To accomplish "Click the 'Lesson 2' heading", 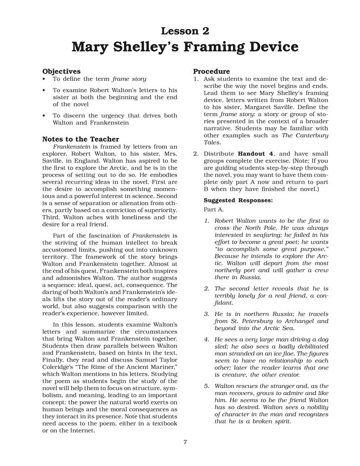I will [x=185, y=31].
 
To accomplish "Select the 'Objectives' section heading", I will [x=61, y=71].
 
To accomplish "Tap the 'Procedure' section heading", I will [x=211, y=71].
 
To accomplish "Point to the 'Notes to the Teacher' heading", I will [x=81, y=139].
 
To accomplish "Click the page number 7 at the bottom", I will [x=185, y=442].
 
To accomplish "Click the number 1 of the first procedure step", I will [x=196, y=80].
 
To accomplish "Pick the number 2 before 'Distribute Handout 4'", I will [x=196, y=154].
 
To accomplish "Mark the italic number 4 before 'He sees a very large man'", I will [x=206, y=339].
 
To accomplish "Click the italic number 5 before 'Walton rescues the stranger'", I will [x=206, y=386].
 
